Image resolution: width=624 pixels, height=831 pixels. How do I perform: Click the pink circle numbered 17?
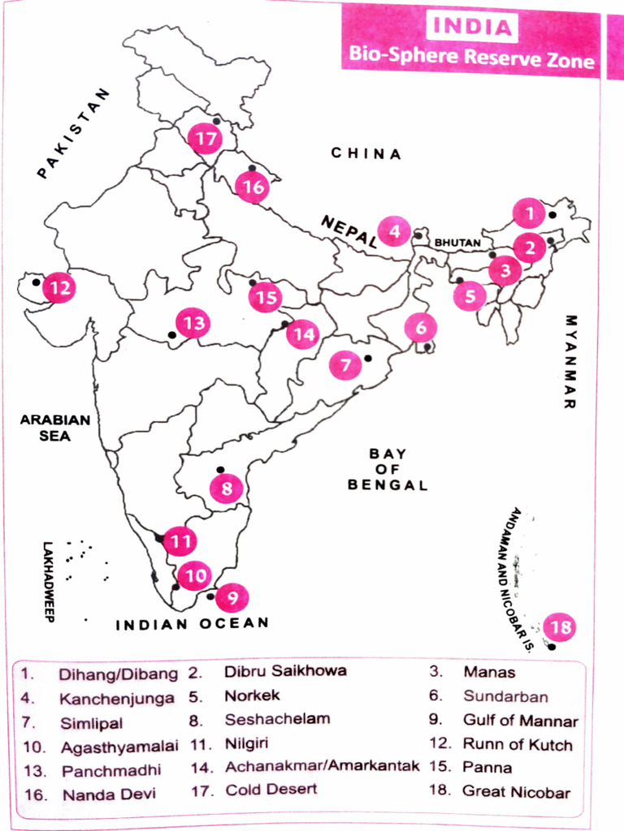coord(205,139)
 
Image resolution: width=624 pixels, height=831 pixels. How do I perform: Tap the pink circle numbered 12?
coord(59,287)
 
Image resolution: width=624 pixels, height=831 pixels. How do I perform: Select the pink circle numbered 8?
coord(226,489)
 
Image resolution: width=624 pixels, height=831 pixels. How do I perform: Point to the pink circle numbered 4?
coord(394,232)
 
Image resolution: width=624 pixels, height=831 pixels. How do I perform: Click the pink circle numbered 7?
coord(345,365)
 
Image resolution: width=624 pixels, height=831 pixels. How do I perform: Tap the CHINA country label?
coord(366,153)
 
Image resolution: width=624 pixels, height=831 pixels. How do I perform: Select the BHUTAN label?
coord(457,243)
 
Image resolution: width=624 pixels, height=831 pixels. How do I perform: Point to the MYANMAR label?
coord(570,360)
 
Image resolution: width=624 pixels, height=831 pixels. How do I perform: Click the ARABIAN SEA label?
coord(55,428)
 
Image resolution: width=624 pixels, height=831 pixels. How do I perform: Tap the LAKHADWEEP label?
coord(48,581)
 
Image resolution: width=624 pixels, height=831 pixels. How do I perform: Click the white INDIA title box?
coord(471,27)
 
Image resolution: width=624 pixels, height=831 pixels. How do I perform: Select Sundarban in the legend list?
coord(505,696)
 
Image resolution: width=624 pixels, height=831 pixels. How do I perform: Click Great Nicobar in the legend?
coord(516,791)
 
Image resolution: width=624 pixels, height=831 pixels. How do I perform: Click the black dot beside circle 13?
coord(171,334)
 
